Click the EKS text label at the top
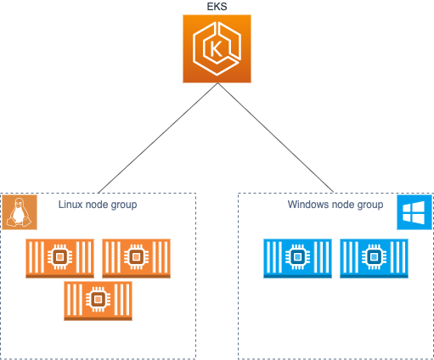point(217,7)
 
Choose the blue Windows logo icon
point(414,211)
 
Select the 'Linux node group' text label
point(98,205)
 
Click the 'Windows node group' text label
point(335,205)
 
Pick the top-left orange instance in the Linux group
point(59,257)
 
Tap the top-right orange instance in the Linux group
point(136,257)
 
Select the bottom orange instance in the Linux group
point(98,300)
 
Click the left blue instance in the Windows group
point(297,257)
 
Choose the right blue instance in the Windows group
point(374,257)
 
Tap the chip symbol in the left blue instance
point(297,256)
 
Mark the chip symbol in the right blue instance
point(374,256)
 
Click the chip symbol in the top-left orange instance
point(59,256)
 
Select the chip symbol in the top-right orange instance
point(136,256)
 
